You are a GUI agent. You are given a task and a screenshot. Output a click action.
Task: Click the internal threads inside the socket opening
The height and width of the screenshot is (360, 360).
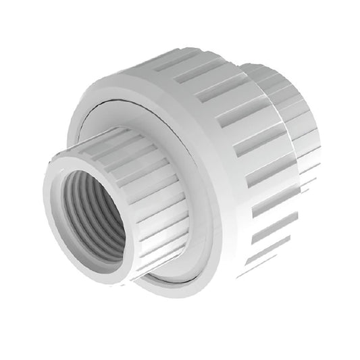coord(101,203)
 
